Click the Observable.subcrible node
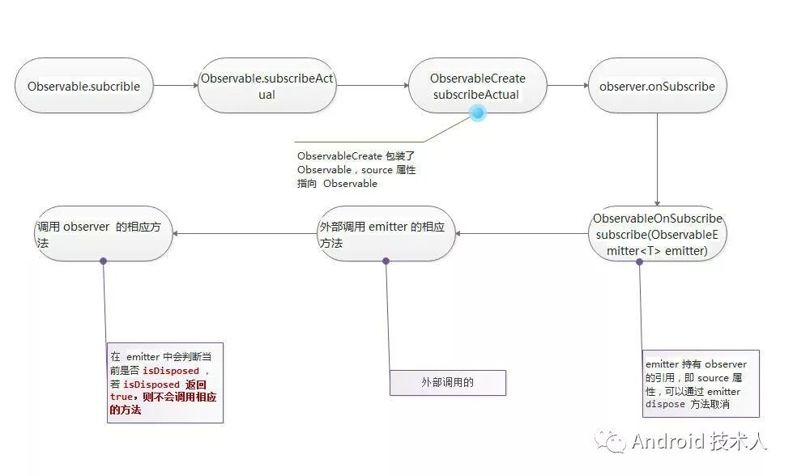(83, 86)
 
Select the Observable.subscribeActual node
(266, 86)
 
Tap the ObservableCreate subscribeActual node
(477, 86)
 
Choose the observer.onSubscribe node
(657, 86)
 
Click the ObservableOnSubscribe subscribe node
(656, 233)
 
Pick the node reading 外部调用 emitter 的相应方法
(385, 234)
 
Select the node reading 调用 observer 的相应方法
(103, 234)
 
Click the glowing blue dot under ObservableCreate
(478, 115)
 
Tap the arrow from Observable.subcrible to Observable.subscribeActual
(175, 85)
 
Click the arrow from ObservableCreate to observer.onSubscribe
(567, 85)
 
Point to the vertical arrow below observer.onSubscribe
(657, 158)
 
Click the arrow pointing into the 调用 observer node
(243, 234)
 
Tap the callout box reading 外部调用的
(448, 383)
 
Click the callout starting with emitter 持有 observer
(701, 384)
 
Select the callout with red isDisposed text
(164, 383)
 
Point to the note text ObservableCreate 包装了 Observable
(356, 169)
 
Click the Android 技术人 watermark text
(698, 441)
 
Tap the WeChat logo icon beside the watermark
(612, 441)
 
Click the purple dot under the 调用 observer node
(104, 261)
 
